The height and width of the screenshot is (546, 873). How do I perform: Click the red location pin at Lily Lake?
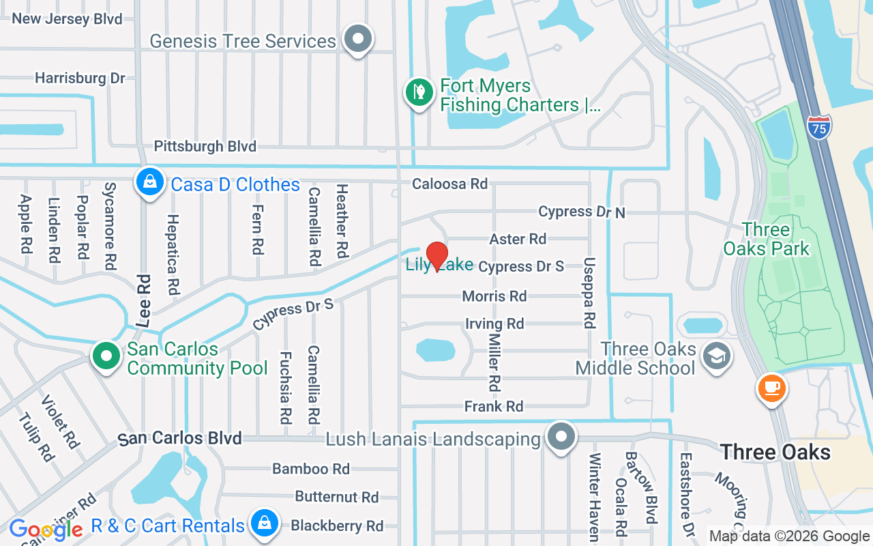pyautogui.click(x=436, y=256)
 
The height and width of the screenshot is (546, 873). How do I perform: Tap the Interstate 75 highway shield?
pyautogui.click(x=818, y=128)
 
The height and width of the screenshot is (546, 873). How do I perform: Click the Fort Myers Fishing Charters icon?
pyautogui.click(x=419, y=93)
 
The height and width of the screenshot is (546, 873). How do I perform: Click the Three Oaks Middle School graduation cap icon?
pyautogui.click(x=716, y=356)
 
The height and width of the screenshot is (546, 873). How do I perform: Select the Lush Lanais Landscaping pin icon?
pyautogui.click(x=561, y=437)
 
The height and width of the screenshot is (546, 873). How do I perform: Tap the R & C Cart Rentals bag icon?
pyautogui.click(x=263, y=524)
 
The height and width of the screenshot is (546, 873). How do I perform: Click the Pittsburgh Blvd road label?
pyautogui.click(x=205, y=146)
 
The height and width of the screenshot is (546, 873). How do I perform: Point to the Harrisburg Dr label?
pyautogui.click(x=80, y=78)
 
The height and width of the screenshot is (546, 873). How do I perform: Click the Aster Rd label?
pyautogui.click(x=518, y=239)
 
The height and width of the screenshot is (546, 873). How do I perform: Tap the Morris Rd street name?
pyautogui.click(x=494, y=296)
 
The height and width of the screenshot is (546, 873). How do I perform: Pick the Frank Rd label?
pyautogui.click(x=493, y=407)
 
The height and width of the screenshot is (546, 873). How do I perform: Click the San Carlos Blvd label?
pyautogui.click(x=180, y=438)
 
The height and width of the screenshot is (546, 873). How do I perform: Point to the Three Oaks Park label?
pyautogui.click(x=766, y=239)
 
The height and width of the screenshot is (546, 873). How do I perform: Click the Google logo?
pyautogui.click(x=46, y=529)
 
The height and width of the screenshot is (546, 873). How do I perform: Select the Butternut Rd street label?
pyautogui.click(x=336, y=497)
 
